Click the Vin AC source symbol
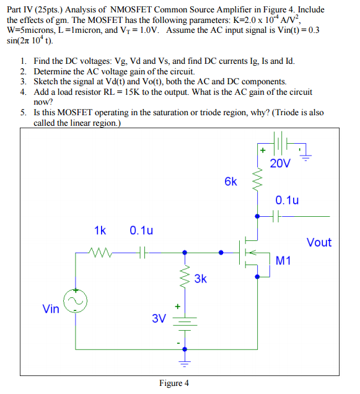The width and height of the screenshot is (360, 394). [x=76, y=300]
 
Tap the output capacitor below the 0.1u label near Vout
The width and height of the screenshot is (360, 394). [x=279, y=217]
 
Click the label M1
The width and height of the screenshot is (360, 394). [x=283, y=261]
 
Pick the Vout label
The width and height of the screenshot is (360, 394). [x=318, y=242]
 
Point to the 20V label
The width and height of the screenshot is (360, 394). [x=279, y=164]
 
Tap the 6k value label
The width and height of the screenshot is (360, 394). [x=230, y=182]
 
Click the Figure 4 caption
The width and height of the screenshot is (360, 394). [x=174, y=383]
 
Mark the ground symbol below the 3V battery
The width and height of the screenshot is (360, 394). [x=184, y=357]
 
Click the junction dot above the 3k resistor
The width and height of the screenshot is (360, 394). [x=184, y=252]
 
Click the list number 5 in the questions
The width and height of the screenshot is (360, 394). [x=22, y=113]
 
